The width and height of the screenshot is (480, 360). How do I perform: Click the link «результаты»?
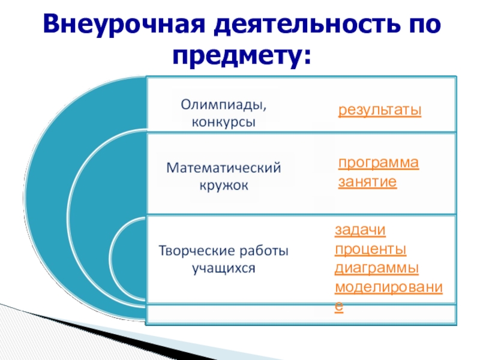(x=380, y=110)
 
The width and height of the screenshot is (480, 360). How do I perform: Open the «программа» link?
(x=378, y=164)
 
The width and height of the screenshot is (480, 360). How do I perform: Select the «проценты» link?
(x=370, y=248)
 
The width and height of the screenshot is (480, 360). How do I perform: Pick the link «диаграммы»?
(x=377, y=267)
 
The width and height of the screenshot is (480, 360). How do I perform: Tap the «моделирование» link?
(x=388, y=286)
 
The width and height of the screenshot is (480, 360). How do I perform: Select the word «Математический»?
(x=223, y=168)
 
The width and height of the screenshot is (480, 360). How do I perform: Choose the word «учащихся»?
(x=223, y=268)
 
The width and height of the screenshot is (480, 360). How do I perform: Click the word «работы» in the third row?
(x=263, y=250)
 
